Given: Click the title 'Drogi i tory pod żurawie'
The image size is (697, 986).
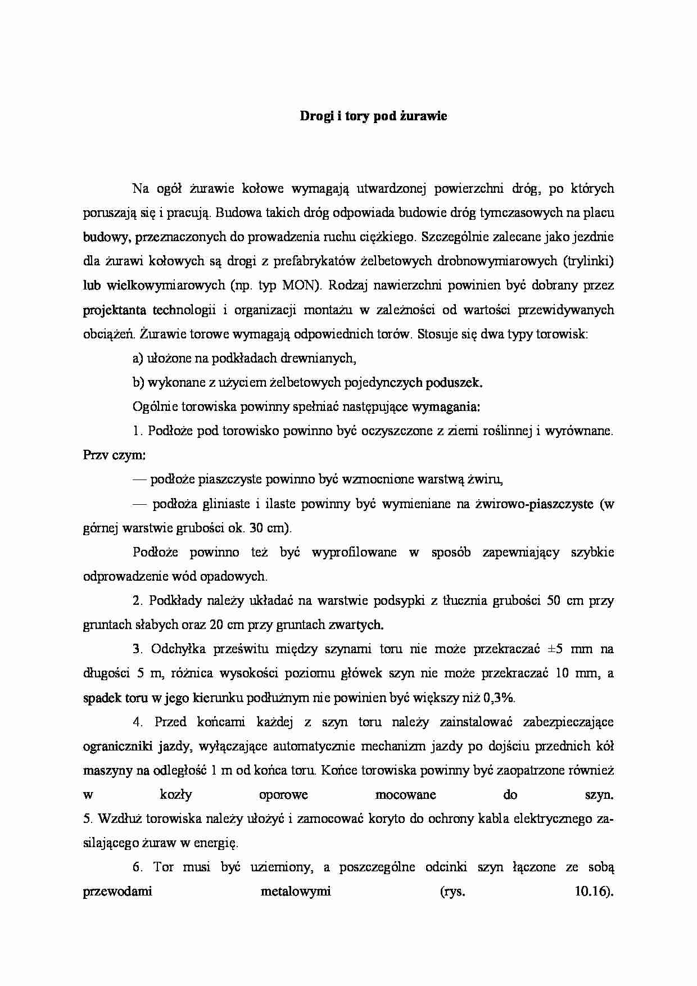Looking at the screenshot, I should click(x=373, y=117).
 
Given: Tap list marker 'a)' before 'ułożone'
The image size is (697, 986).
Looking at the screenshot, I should click(x=138, y=359).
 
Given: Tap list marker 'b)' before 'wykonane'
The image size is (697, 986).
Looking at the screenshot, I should click(x=138, y=383).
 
